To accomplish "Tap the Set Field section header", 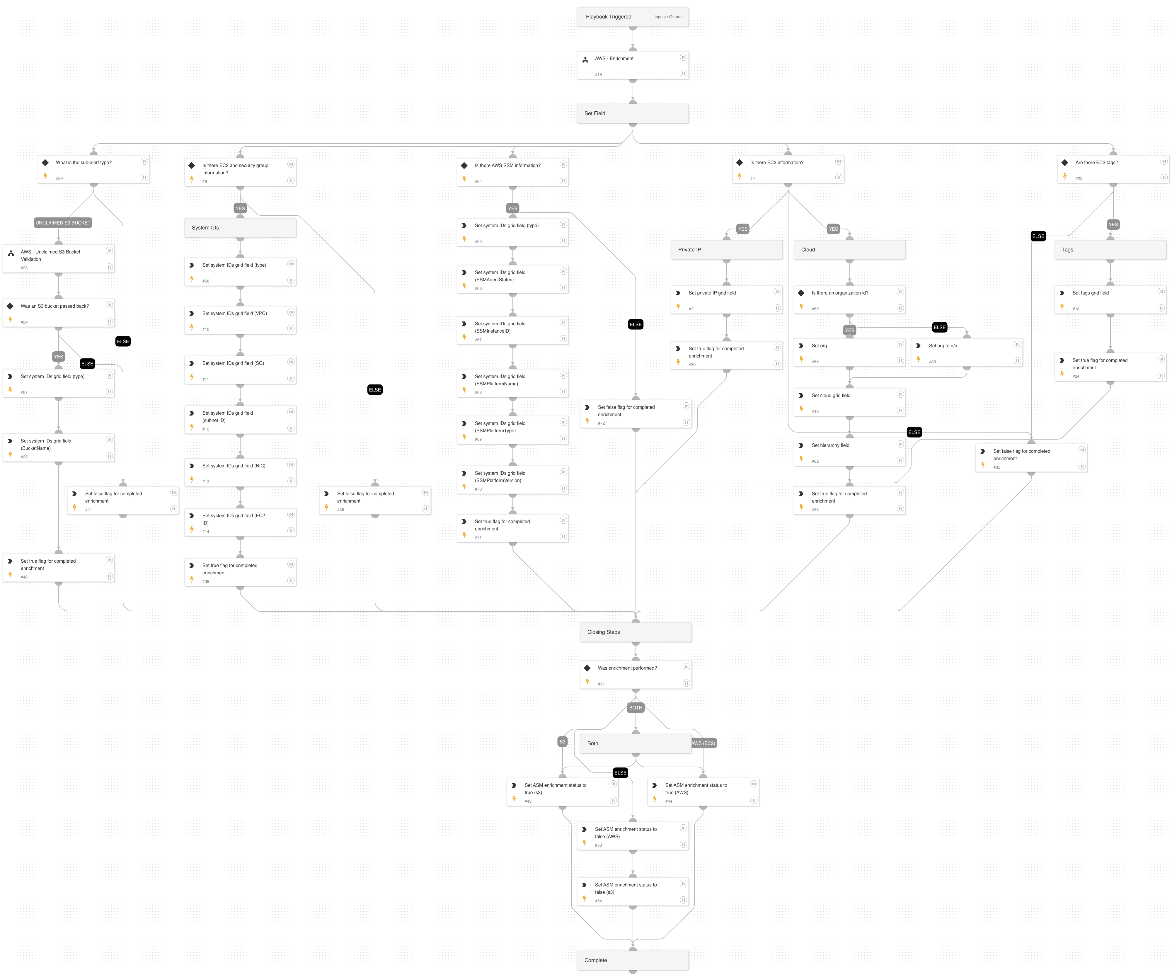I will click(x=632, y=113).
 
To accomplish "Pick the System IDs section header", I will click(x=240, y=228).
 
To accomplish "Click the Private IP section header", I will click(x=726, y=250).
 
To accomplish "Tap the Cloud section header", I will click(x=849, y=250).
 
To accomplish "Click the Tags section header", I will click(x=1110, y=250).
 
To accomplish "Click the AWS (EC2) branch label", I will click(x=703, y=743).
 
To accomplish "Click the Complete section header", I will click(x=632, y=960).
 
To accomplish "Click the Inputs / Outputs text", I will click(x=669, y=17).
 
